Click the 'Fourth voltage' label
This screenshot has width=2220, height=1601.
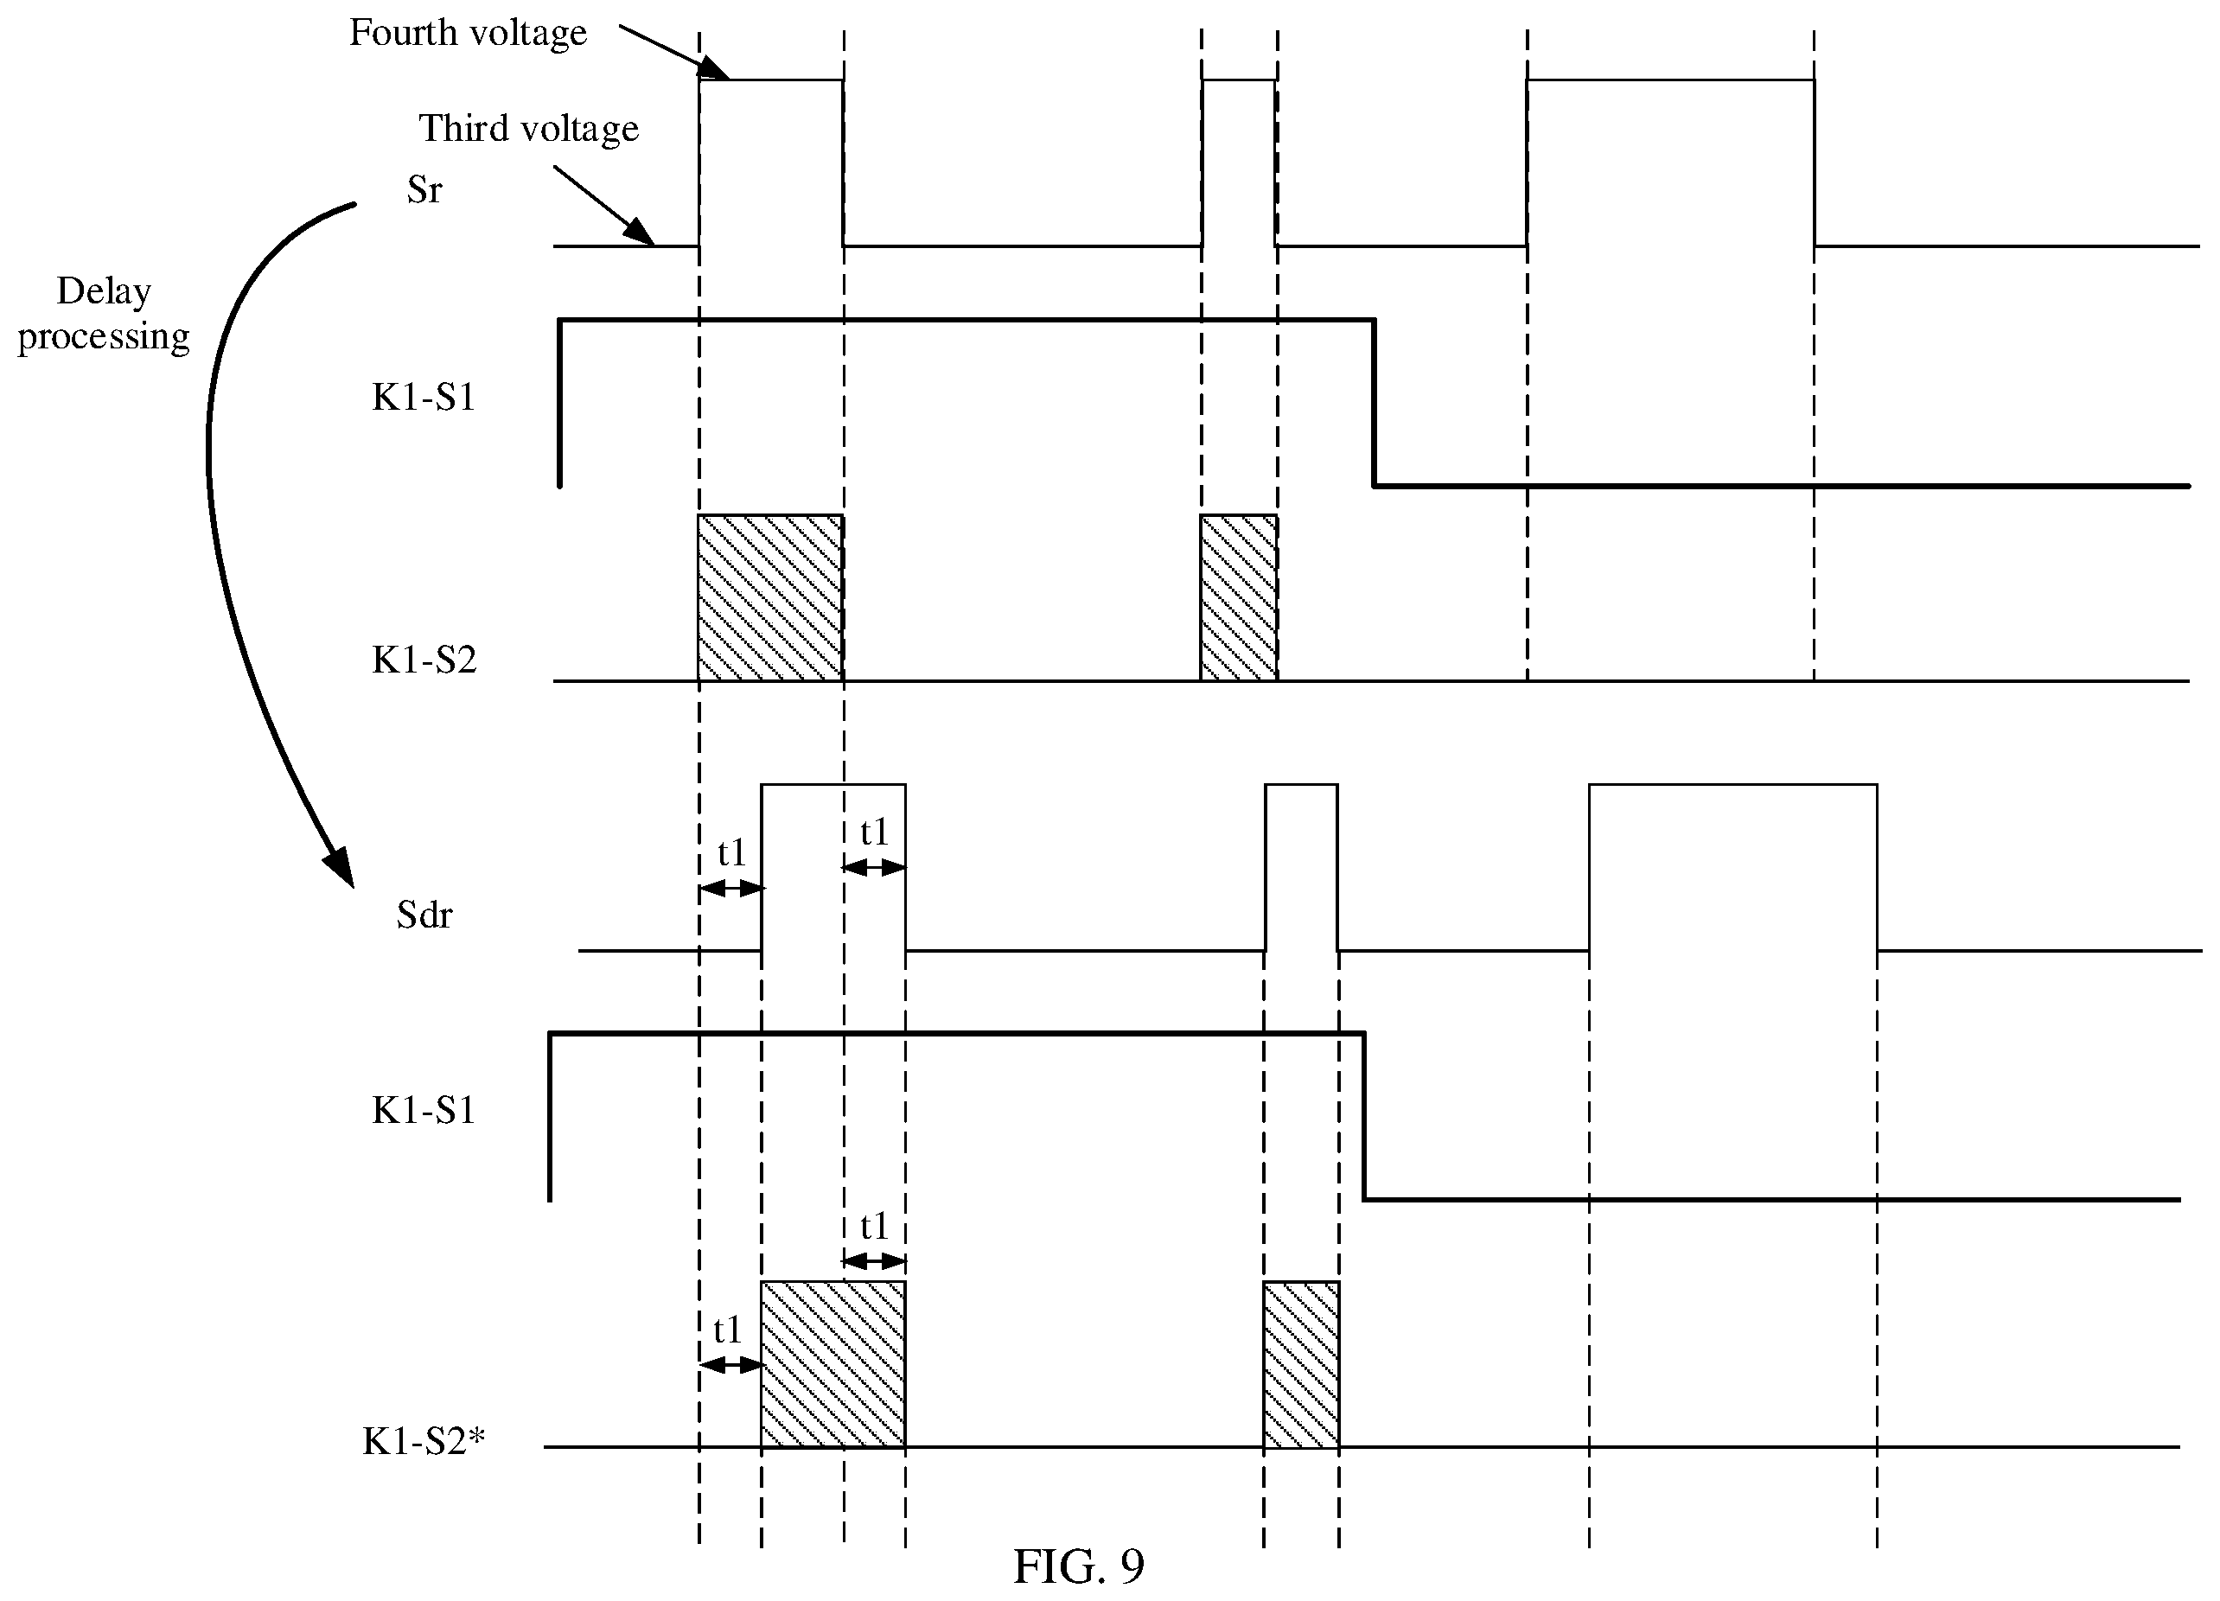(468, 33)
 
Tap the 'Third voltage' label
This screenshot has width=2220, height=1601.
(528, 129)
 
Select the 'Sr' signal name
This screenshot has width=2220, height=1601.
(424, 190)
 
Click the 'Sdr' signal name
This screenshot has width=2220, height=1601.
(424, 915)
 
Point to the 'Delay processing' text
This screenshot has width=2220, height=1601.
(103, 314)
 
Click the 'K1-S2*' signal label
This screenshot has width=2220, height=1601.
(424, 1440)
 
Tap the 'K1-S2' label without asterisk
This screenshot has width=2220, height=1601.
(424, 660)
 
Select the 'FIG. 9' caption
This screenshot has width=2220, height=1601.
(1078, 1566)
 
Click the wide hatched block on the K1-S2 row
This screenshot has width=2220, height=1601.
(770, 597)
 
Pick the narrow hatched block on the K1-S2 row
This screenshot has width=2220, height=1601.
(1238, 597)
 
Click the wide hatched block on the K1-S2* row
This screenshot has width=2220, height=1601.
(833, 1363)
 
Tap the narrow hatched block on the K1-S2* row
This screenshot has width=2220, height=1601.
(1301, 1363)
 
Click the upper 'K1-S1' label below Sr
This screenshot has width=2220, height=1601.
(424, 399)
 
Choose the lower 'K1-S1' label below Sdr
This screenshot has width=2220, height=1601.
(424, 1111)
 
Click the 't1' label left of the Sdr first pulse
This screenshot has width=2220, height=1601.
(732, 852)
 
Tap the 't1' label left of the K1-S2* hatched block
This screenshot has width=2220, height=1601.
(727, 1330)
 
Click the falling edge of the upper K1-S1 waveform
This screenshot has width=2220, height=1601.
(1375, 402)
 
